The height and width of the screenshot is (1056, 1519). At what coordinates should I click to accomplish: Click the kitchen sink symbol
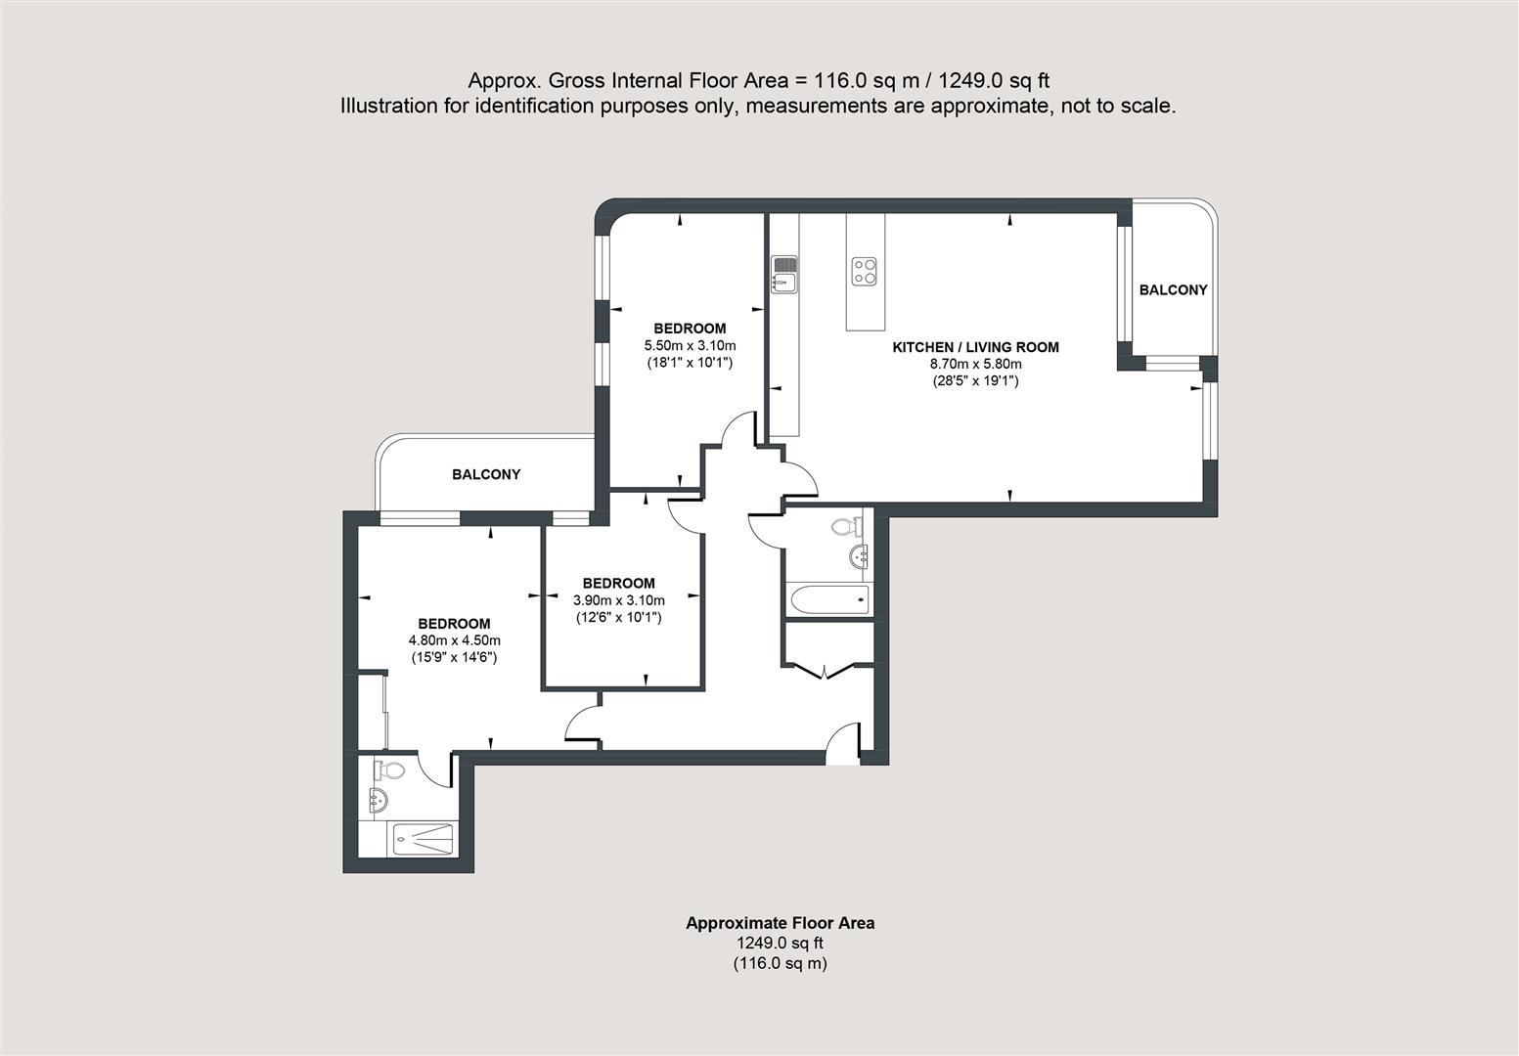coord(785,274)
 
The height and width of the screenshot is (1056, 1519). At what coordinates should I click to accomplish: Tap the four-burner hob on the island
coord(864,271)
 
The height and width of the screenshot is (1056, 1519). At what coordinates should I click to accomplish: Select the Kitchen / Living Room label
coord(975,347)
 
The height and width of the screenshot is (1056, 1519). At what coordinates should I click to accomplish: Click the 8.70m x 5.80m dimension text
coord(975,364)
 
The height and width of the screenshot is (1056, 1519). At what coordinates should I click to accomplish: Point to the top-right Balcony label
coord(1173,290)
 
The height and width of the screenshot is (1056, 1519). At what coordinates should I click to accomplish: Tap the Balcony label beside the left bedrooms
coord(486,474)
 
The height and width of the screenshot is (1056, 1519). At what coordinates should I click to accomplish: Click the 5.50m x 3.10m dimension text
coord(690,345)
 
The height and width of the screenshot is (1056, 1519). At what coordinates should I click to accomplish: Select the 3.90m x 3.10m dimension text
coord(618,600)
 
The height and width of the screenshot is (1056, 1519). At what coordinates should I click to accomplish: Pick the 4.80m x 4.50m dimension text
coord(454,640)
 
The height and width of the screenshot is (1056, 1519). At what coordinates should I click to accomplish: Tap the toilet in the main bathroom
coord(845,527)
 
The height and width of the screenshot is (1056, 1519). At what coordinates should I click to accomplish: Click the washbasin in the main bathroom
coord(861,557)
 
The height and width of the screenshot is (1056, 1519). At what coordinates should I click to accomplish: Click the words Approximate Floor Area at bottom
coord(780,923)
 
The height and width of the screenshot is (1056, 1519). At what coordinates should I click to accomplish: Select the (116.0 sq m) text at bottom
coord(780,963)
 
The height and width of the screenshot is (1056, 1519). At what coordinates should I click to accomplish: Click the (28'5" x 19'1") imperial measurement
coord(975,381)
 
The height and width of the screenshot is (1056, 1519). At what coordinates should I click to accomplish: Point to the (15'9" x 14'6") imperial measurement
coord(454,658)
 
